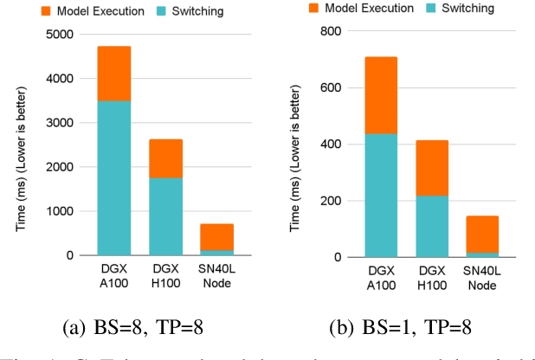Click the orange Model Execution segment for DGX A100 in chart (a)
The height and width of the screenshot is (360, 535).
[113, 74]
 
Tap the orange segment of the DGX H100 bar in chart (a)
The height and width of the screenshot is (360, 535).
[165, 158]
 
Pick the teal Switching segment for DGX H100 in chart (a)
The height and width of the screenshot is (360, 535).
[165, 216]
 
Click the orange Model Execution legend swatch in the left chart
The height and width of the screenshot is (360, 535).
[49, 11]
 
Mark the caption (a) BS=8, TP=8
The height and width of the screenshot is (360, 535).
[139, 328]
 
